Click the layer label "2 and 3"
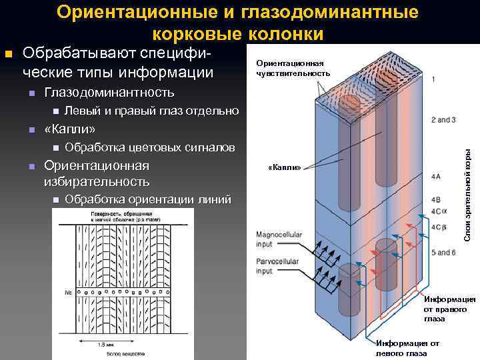pos(443,120)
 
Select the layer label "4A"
pos(436,177)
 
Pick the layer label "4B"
pos(436,199)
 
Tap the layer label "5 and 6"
pos(443,252)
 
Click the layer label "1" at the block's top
pos(434,80)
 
